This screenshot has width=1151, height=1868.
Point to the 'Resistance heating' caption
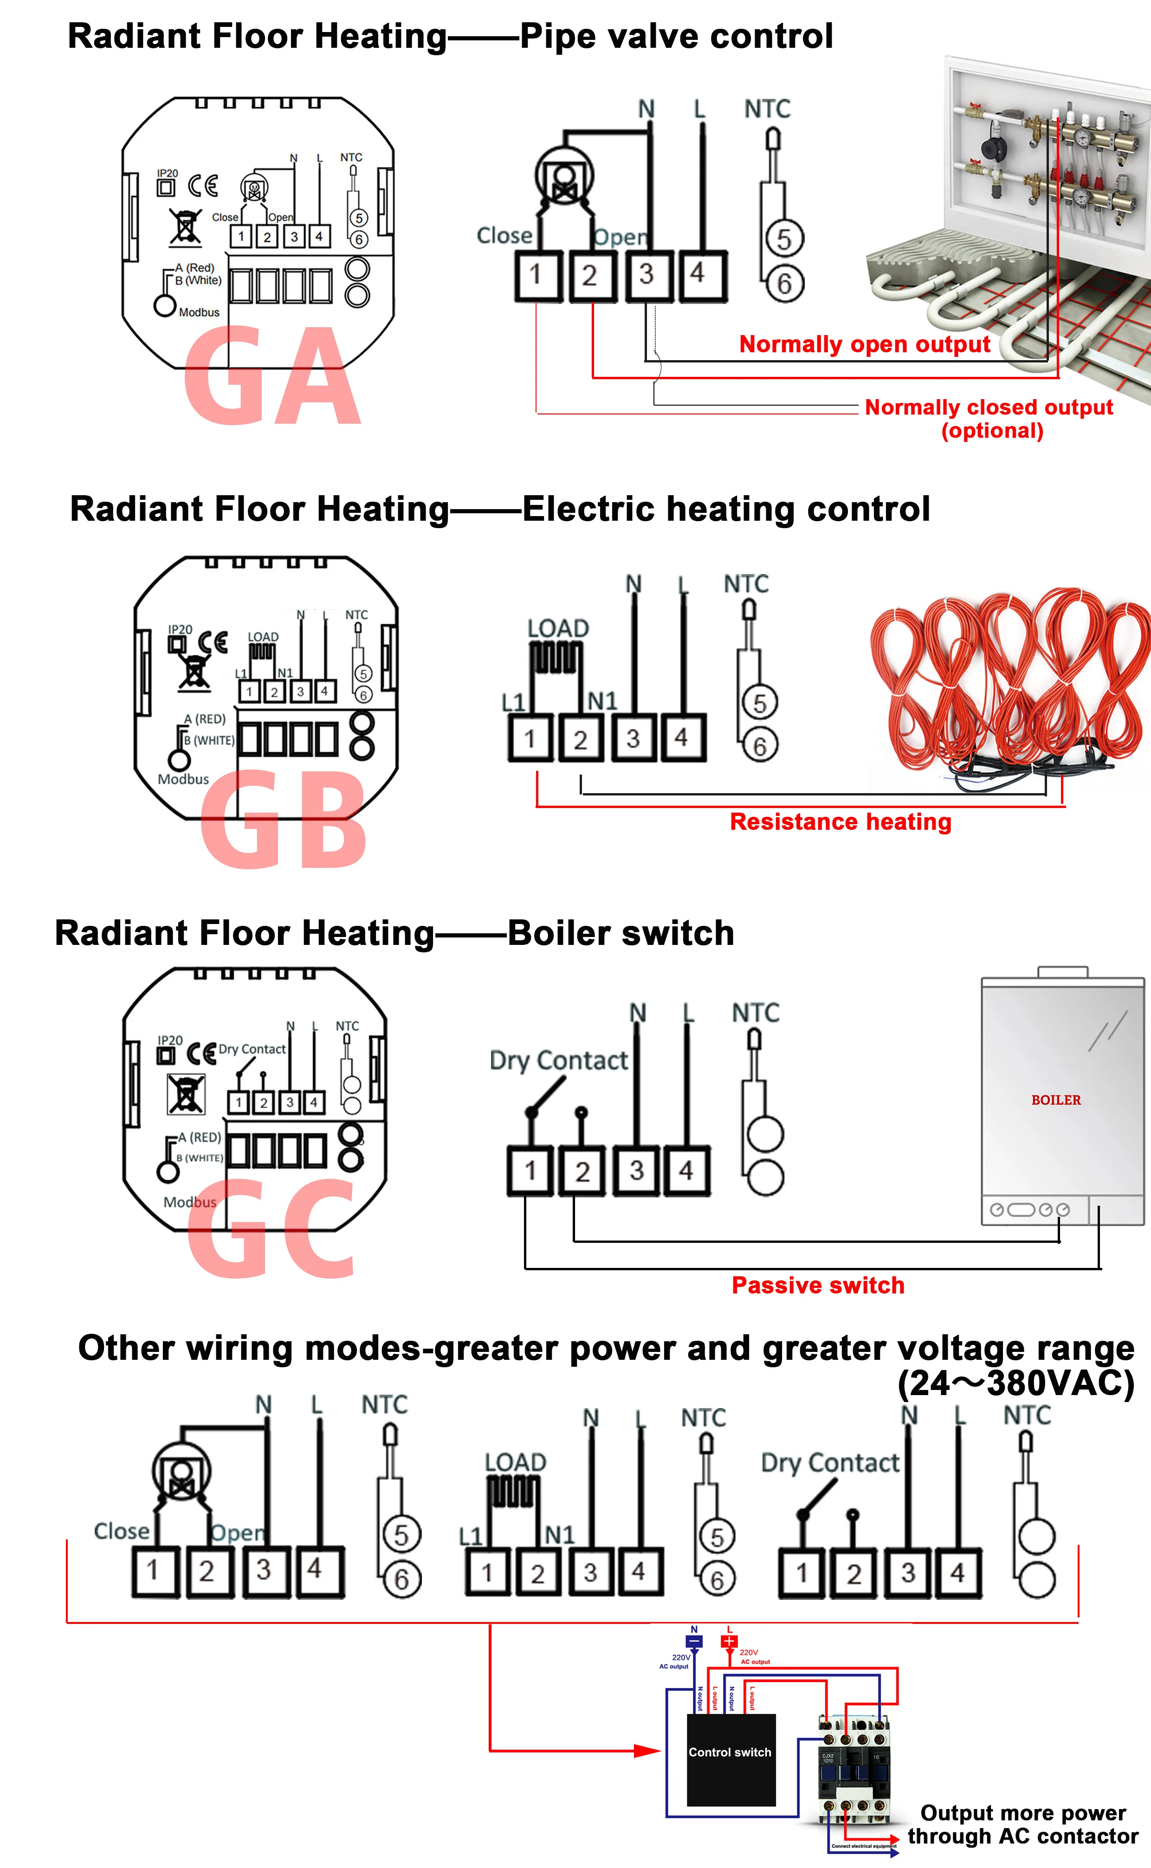[841, 821]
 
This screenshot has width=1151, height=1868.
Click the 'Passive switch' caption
[818, 1285]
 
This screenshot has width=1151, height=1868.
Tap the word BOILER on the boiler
[1056, 1100]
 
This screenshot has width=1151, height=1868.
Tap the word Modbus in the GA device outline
[199, 312]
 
